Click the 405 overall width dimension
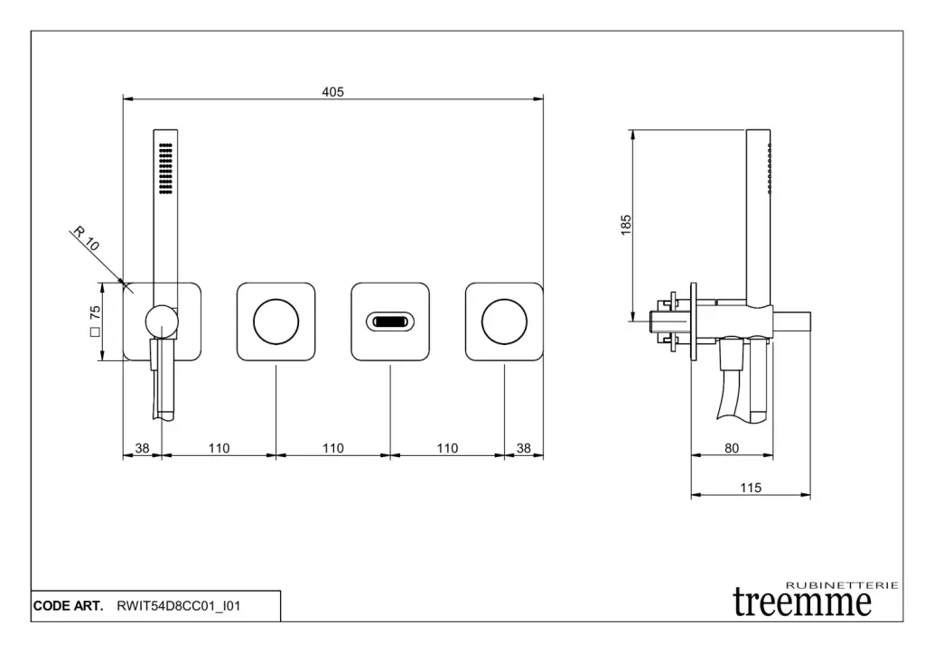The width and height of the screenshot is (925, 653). coord(332,92)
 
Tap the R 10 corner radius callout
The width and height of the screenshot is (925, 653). coord(86,238)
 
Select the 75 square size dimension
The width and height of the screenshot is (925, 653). coord(95,321)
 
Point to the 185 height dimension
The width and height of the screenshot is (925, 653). coord(626,225)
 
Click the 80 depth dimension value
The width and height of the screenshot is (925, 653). coord(732,448)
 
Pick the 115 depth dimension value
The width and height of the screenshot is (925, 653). coord(751,488)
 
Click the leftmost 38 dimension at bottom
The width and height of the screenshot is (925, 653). coord(142,448)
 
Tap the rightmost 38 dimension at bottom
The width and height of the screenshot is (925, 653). coord(524,448)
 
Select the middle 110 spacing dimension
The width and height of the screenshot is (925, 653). coord(332,448)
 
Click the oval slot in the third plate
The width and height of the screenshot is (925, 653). coord(390,322)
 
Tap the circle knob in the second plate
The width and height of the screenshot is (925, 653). coord(276,322)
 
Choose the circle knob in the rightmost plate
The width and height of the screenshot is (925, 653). coord(504,322)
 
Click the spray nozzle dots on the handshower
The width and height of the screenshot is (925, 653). coord(166,168)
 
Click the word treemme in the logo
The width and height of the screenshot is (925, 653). coord(802,602)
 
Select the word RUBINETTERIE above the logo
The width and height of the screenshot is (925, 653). coord(843,585)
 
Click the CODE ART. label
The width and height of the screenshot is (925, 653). coord(68,606)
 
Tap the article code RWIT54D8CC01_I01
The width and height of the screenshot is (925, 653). coord(179,606)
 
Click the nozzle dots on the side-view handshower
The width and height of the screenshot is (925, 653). coord(770,169)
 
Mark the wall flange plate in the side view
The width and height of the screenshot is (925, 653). coord(693,322)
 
